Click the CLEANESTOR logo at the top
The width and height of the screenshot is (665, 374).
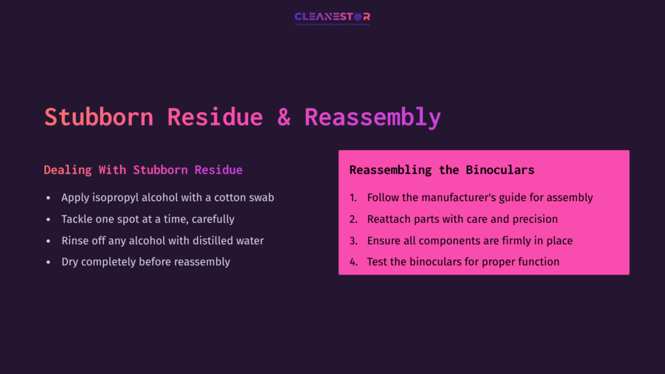coord(332,17)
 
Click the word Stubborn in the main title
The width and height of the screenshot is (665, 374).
coord(99,118)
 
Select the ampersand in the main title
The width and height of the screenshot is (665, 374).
coord(284,118)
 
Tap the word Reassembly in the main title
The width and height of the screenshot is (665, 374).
coord(373,118)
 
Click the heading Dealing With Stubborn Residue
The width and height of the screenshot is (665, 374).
coord(143,170)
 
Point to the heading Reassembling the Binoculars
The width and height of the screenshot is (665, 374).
coord(442,170)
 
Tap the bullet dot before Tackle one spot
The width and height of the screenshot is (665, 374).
coord(48,219)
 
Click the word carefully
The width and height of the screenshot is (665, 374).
coord(213,219)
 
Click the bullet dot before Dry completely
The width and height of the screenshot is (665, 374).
coord(48,262)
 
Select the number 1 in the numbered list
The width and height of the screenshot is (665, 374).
coord(353,197)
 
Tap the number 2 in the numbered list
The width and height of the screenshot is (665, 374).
coord(353,219)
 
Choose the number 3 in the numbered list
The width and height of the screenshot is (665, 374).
coord(353,240)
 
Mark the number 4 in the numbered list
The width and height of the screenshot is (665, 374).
coord(353,262)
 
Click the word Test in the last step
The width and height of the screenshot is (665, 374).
coord(377,262)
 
